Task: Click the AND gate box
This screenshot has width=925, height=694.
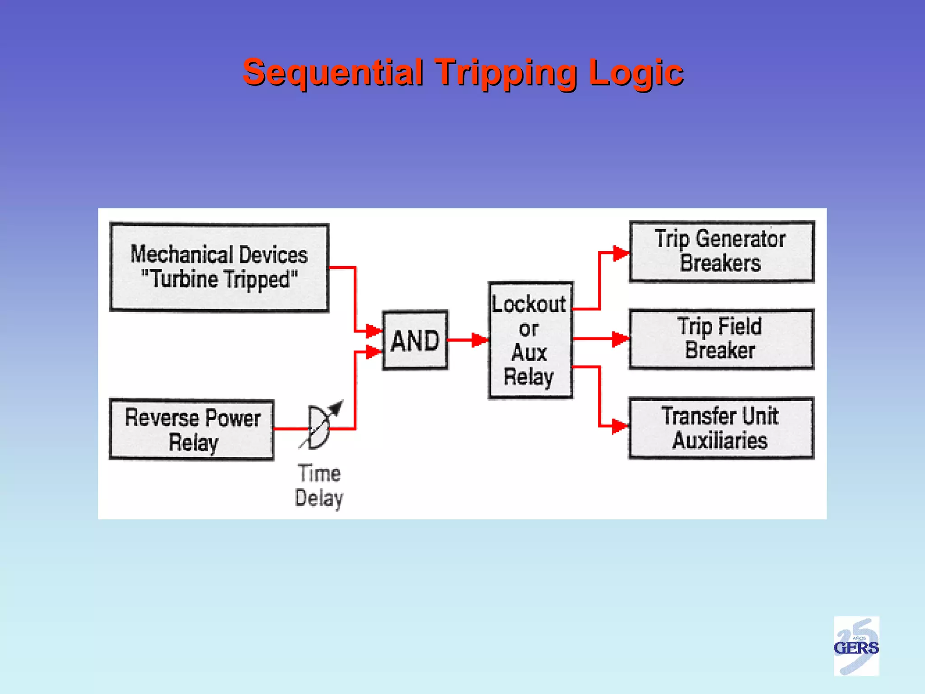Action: click(415, 340)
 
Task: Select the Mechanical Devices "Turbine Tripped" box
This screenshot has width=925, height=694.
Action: click(220, 267)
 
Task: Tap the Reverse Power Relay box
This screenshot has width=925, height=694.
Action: click(192, 429)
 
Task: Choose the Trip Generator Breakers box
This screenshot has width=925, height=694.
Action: click(721, 252)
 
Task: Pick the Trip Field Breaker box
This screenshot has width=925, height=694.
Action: click(721, 339)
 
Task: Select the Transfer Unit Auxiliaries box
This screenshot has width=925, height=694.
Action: click(721, 428)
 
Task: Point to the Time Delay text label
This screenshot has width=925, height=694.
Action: click(319, 486)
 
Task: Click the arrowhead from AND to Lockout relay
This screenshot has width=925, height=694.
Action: click(480, 340)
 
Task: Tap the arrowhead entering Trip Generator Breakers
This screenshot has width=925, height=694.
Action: click(621, 253)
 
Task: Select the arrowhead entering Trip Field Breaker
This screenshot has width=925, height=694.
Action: click(620, 338)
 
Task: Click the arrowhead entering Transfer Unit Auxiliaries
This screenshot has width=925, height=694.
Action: click(620, 426)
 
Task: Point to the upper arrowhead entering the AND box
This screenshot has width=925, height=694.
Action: click(374, 331)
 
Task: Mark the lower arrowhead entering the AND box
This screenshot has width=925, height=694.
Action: click(374, 352)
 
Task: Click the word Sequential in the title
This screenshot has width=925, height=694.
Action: click(333, 72)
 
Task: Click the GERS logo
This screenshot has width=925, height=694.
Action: click(856, 646)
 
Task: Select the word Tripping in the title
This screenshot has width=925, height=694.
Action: click(505, 72)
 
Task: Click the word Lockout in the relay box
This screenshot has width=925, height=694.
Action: click(529, 304)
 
